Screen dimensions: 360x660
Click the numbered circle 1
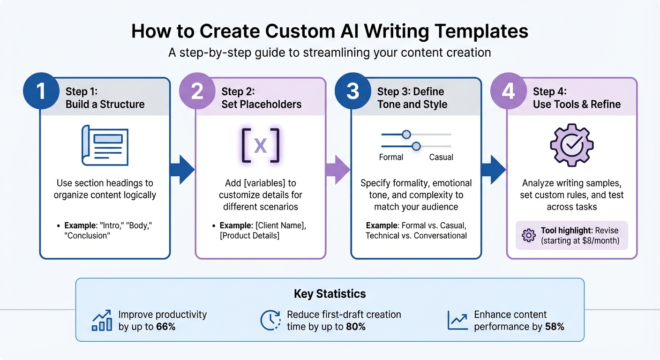(x=41, y=91)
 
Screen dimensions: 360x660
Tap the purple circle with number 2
(x=197, y=91)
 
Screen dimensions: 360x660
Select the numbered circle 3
(x=352, y=91)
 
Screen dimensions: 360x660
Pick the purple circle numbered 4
(x=508, y=91)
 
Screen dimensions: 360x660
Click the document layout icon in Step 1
(x=105, y=145)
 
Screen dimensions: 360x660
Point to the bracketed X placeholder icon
(x=260, y=145)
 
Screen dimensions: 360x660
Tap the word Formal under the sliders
(x=391, y=157)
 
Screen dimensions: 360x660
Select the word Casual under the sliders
(x=441, y=157)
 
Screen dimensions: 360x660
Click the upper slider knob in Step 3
(x=406, y=135)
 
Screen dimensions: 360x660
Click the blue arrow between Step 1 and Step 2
(x=182, y=169)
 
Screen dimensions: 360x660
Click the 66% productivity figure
(x=165, y=327)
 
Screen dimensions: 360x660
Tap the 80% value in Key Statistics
(x=355, y=327)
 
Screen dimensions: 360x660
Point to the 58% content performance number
(x=555, y=327)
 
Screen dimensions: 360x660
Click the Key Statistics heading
(x=330, y=294)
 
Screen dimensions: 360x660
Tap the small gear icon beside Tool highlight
(x=528, y=235)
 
